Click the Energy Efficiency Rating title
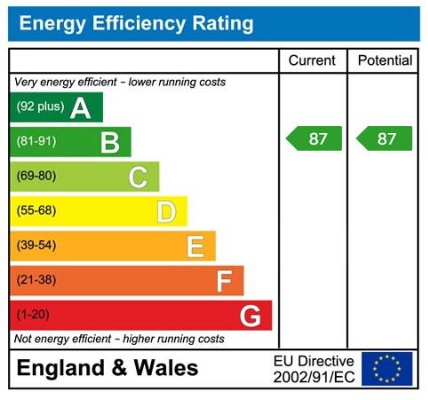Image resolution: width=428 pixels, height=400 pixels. (x=136, y=24)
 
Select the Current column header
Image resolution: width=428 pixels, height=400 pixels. (x=313, y=60)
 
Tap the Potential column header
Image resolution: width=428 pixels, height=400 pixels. (x=384, y=60)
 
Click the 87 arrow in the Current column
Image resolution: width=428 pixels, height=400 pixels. (x=314, y=138)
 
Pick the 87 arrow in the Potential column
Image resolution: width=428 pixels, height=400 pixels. (x=385, y=138)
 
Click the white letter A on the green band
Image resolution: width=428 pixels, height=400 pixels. (x=81, y=108)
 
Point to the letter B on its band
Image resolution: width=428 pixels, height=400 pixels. (x=109, y=142)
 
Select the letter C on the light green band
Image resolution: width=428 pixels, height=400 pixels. (x=138, y=176)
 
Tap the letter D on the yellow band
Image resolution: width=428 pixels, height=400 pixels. (x=166, y=211)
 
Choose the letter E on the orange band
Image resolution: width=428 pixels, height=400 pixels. (x=194, y=246)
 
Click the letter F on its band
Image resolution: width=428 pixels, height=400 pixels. (x=224, y=281)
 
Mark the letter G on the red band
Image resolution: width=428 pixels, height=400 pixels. (x=250, y=315)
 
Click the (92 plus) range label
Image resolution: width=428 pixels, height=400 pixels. (x=40, y=108)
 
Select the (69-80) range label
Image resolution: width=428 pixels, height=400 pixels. (x=36, y=176)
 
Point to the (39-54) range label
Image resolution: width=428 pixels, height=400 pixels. (x=36, y=246)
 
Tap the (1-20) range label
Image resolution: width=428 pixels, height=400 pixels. (x=33, y=315)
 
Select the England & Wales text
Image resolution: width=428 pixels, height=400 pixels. (x=107, y=368)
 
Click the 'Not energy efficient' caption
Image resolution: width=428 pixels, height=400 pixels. (x=119, y=339)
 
